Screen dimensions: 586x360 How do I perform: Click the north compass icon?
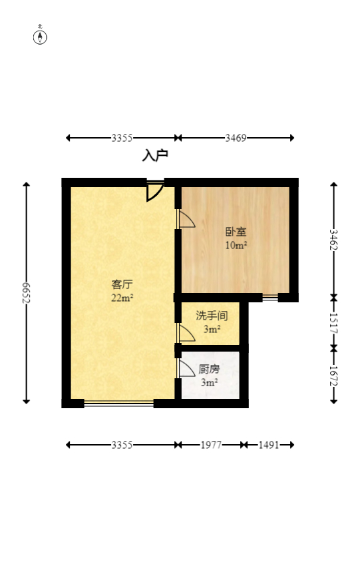pyautogui.click(x=40, y=37)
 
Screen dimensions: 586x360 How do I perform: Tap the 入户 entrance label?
pyautogui.click(x=155, y=156)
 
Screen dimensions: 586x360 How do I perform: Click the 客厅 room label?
pyautogui.click(x=122, y=285)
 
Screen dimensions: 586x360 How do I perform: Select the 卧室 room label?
pyautogui.click(x=236, y=232)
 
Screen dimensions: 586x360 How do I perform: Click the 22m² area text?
pyautogui.click(x=122, y=298)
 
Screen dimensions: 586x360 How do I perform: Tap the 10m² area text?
pyautogui.click(x=236, y=245)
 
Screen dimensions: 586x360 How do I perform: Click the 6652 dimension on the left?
pyautogui.click(x=27, y=293)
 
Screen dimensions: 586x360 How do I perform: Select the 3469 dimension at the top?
pyautogui.click(x=236, y=138)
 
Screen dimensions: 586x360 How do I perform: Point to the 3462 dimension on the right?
pyautogui.click(x=333, y=240)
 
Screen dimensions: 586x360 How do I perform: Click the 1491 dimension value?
pyautogui.click(x=269, y=445)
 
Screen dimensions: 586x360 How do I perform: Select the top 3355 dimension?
pyautogui.click(x=122, y=138)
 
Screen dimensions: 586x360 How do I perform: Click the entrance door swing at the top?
pyautogui.click(x=154, y=191)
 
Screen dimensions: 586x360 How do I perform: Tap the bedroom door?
pyautogui.click(x=186, y=220)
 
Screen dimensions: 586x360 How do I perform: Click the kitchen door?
pyautogui.click(x=186, y=368)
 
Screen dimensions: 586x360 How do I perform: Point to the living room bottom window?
pyautogui.click(x=118, y=403)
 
